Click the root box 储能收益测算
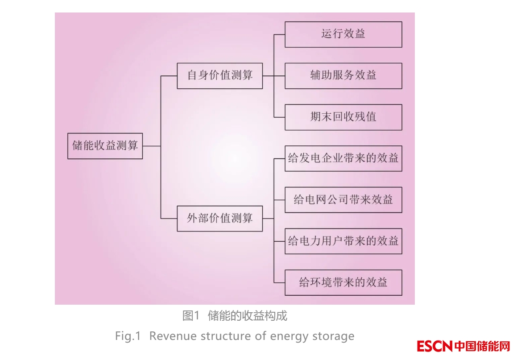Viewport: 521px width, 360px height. pyautogui.click(x=105, y=146)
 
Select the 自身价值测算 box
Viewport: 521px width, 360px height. pyautogui.click(x=219, y=76)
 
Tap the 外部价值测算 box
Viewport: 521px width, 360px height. pyautogui.click(x=219, y=219)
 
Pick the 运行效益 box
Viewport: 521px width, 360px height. pyautogui.click(x=343, y=34)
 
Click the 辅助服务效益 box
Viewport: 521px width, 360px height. pyautogui.click(x=343, y=76)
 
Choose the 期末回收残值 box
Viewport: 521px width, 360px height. pyautogui.click(x=343, y=117)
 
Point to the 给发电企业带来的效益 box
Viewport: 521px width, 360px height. pyautogui.click(x=343, y=158)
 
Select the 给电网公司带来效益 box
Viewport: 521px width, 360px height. pyautogui.click(x=343, y=200)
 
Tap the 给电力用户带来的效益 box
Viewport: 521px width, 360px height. pyautogui.click(x=343, y=241)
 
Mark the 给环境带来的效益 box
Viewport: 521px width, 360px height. pyautogui.click(x=343, y=282)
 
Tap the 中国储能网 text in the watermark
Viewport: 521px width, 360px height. pyautogui.click(x=482, y=346)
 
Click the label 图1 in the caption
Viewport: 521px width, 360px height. pyautogui.click(x=190, y=316)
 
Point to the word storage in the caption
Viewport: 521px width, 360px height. pyautogui.click(x=335, y=336)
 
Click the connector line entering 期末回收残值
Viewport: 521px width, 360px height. pyautogui.click(x=280, y=117)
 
